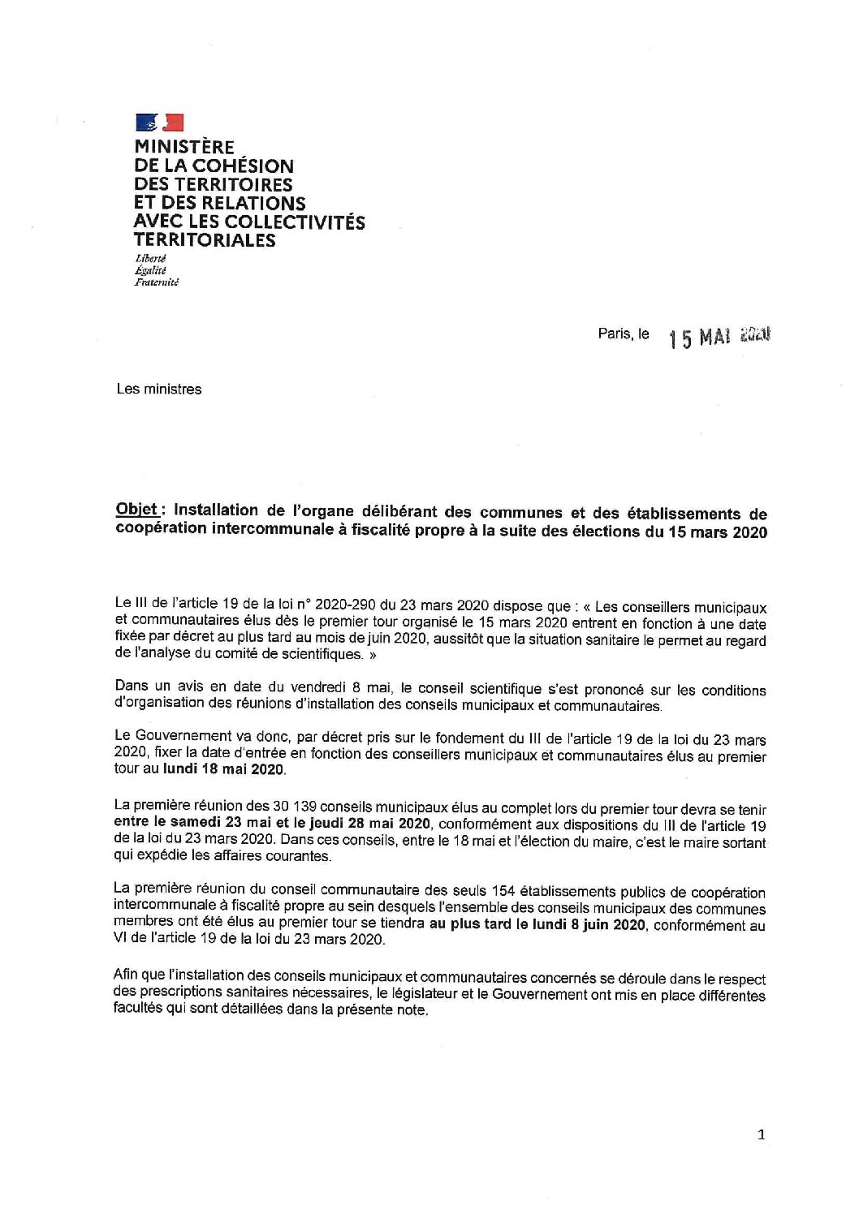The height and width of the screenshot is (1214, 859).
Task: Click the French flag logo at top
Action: click(x=160, y=123)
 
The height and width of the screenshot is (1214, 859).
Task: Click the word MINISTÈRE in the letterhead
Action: click(x=184, y=148)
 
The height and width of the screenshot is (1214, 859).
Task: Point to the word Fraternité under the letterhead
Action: click(x=157, y=282)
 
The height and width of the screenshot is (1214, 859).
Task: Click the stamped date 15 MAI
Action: click(x=701, y=337)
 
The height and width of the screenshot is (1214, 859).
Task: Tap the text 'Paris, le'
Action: click(x=624, y=334)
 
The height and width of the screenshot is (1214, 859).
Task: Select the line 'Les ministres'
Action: click(x=159, y=389)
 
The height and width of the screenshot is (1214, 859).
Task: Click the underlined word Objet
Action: click(x=136, y=510)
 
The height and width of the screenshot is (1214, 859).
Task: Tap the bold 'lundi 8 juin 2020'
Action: click(x=581, y=925)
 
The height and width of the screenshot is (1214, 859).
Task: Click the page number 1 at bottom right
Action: click(x=761, y=1135)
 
